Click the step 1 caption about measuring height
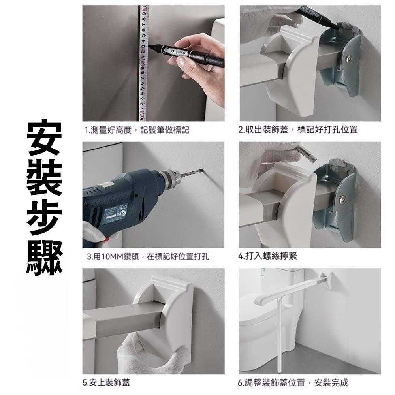point(137,130)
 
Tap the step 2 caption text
point(298,130)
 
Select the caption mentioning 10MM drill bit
point(148,256)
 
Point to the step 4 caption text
point(267,256)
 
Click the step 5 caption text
point(106,382)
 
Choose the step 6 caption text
point(293,382)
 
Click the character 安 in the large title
point(44,137)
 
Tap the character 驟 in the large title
point(44,257)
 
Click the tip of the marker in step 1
point(149,47)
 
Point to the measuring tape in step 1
point(144,63)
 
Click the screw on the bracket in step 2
point(349,59)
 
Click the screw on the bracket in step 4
point(342,199)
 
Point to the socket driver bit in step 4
point(307,153)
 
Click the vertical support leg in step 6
point(280,335)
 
